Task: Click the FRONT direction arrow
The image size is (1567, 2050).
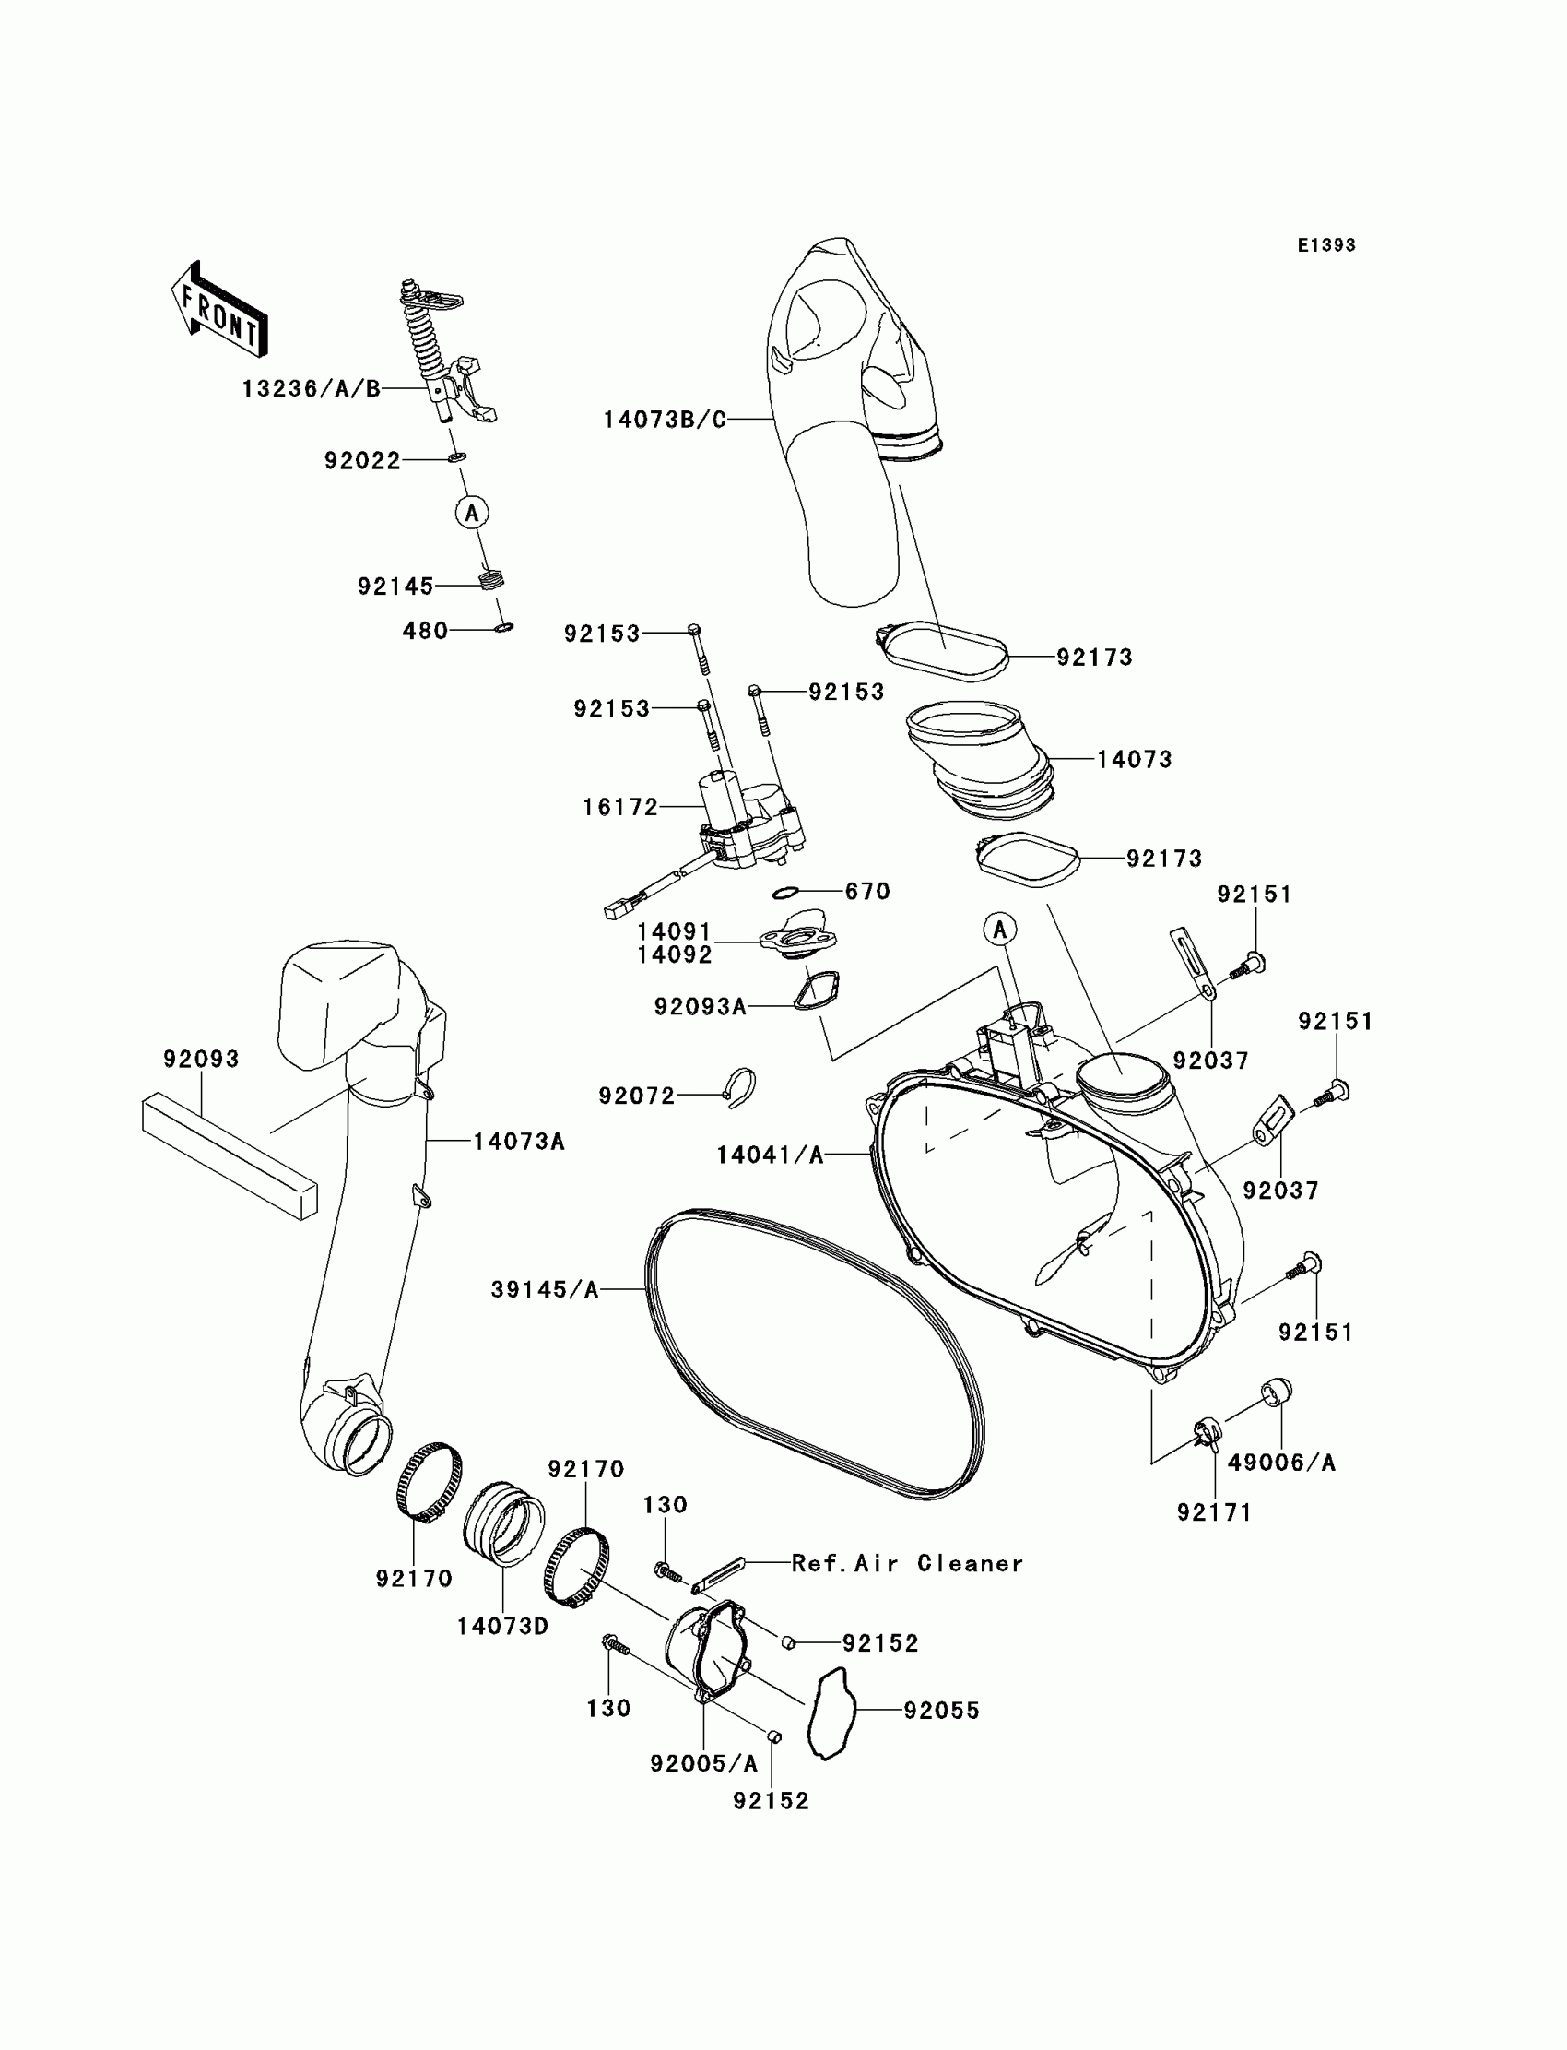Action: point(219,312)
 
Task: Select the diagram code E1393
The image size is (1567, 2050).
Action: point(1325,245)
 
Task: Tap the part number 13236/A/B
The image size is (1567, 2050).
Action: point(311,389)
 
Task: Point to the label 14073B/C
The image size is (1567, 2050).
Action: point(664,420)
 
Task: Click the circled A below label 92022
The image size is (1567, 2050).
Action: point(472,512)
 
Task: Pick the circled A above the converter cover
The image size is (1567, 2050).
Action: point(1000,930)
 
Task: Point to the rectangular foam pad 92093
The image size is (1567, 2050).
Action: point(229,1155)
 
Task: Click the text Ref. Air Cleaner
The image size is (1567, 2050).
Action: point(907,1563)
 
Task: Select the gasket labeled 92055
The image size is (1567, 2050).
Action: point(831,1712)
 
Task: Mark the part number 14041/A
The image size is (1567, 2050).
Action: point(770,1155)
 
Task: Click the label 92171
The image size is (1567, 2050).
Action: point(1213,1512)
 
